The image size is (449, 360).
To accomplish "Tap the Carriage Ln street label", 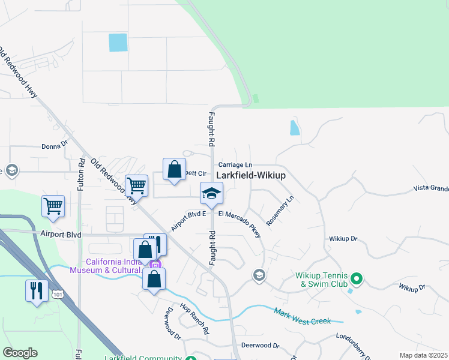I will (236, 164).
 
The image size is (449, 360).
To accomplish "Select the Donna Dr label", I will (55, 146).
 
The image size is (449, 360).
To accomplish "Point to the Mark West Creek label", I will (303, 317).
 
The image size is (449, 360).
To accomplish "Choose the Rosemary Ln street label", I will (280, 210).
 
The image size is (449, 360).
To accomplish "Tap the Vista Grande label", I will (431, 188).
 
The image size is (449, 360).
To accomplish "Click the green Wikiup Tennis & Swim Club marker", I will (357, 278).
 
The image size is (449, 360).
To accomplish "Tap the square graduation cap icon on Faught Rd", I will (211, 193).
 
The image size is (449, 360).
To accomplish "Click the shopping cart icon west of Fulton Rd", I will (53, 206).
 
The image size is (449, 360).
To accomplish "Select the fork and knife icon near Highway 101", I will (37, 290).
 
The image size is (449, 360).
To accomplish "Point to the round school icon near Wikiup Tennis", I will (259, 275).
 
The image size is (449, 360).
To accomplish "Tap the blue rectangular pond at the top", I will (118, 43).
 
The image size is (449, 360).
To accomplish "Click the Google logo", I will (20, 353).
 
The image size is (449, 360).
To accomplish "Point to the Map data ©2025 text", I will (423, 355).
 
